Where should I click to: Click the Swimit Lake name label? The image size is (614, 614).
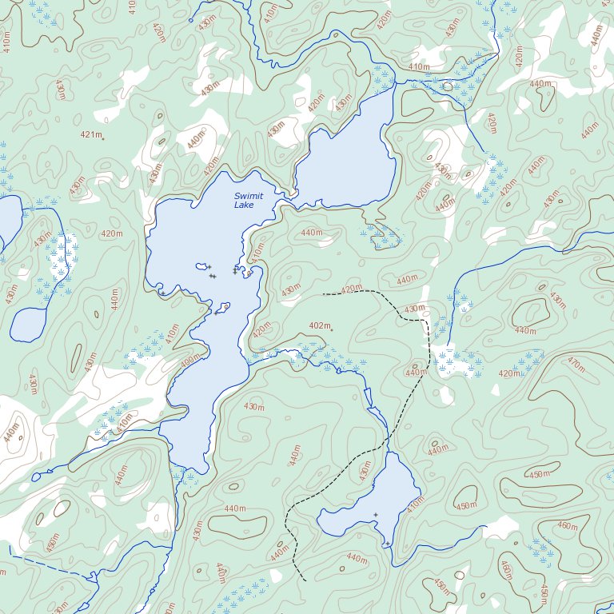click(x=245, y=201)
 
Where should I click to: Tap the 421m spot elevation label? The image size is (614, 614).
click(x=91, y=135)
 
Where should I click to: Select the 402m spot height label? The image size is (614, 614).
click(x=319, y=326)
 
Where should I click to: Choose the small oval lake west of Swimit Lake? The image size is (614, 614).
click(x=28, y=323)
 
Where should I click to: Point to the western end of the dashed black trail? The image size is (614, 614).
click(x=324, y=294)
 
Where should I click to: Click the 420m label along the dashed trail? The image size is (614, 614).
click(x=351, y=289)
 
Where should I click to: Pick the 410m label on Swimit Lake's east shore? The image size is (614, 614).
click(x=257, y=254)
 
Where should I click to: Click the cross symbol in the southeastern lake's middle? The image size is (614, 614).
click(x=375, y=514)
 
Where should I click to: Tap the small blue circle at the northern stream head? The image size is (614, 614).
click(x=191, y=20)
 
